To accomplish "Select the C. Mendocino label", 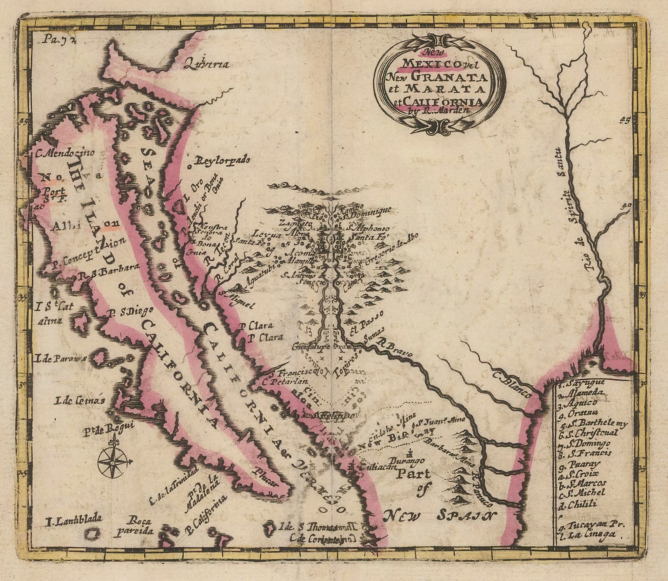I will coord(66,153).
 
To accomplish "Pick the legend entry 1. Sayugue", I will coord(581,383).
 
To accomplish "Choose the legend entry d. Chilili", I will coord(578,503).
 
